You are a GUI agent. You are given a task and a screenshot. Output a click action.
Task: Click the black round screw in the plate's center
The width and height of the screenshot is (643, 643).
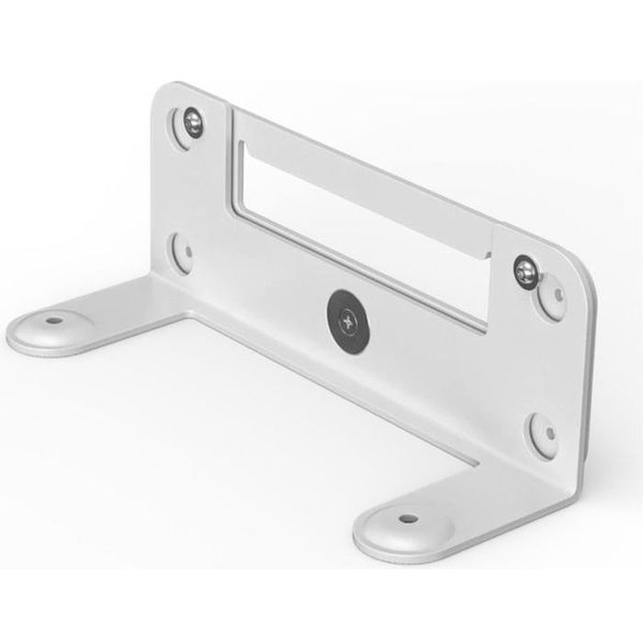tap(346, 320)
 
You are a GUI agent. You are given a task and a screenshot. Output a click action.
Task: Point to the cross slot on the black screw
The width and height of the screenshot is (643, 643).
tap(346, 320)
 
